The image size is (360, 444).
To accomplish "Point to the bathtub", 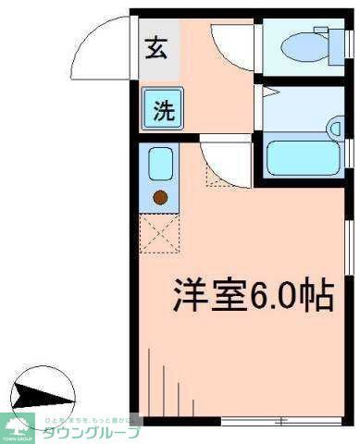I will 304,159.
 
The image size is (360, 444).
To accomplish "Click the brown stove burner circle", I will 160,196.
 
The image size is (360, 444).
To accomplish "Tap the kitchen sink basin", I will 159,166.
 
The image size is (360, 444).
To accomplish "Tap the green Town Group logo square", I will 18,427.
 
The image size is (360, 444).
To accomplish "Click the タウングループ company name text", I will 90,432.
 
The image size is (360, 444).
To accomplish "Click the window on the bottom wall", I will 278,421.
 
